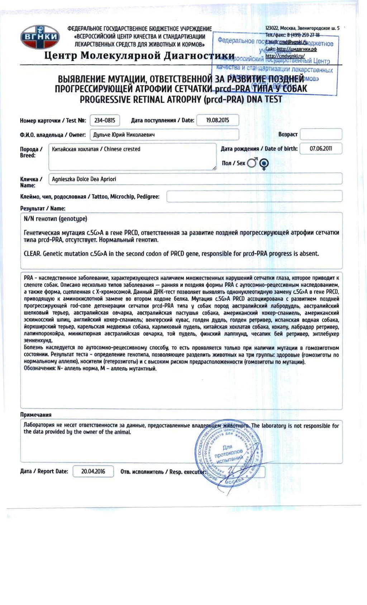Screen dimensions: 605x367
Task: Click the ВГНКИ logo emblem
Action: (x=40, y=37)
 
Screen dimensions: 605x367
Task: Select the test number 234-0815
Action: (x=105, y=121)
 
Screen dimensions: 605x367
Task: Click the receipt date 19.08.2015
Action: (x=218, y=120)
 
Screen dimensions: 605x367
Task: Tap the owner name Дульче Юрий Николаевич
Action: (x=124, y=135)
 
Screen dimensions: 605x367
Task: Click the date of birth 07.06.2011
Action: (x=321, y=149)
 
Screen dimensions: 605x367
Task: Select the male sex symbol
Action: (x=252, y=163)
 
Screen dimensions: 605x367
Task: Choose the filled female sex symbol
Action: (x=264, y=164)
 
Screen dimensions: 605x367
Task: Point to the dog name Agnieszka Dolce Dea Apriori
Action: (x=84, y=179)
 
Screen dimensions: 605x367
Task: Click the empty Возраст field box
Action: (x=321, y=134)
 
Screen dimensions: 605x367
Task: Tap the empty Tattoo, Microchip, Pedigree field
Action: (x=254, y=196)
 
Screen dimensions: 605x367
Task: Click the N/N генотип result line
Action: (x=56, y=219)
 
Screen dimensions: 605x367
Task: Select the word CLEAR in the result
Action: (x=32, y=254)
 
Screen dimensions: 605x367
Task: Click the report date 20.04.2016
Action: (x=93, y=471)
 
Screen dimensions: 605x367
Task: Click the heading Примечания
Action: (x=36, y=415)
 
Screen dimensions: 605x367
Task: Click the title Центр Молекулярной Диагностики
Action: (x=139, y=56)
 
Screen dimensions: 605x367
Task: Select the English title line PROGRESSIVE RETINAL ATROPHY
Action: (x=181, y=100)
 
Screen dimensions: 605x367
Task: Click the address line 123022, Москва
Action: (x=302, y=28)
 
